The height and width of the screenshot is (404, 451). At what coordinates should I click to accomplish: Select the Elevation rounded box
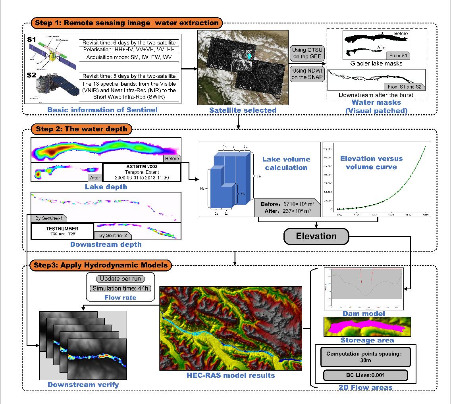(316, 236)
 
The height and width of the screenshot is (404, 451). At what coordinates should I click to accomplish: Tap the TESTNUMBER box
(62, 231)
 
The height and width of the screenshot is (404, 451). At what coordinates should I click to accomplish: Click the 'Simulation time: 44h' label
(120, 289)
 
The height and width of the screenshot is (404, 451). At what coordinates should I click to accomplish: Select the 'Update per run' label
(120, 279)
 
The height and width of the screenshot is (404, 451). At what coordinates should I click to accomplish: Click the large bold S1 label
(32, 40)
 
